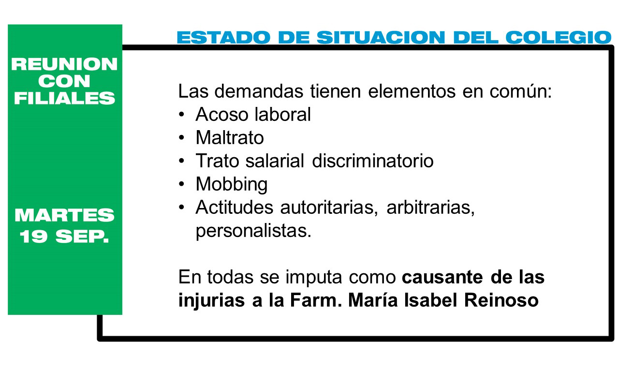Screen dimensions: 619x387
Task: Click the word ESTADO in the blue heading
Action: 223,37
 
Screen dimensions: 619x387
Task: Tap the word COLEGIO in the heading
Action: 559,37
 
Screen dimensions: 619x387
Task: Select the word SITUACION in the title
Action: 381,37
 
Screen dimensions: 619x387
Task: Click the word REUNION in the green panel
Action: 64,64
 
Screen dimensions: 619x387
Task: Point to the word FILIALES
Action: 64,98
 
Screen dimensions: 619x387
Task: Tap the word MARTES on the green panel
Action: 64,215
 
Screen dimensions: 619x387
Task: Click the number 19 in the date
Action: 33,237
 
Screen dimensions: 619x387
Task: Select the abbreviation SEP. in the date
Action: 82,237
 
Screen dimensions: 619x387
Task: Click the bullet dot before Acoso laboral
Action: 181,114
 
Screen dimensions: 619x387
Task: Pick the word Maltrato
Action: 230,137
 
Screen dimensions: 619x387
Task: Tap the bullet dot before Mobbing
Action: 181,184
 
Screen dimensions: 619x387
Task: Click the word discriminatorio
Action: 373,161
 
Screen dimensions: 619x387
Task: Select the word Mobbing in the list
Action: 232,185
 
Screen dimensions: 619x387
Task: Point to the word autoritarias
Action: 329,208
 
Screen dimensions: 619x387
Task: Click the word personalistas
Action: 253,231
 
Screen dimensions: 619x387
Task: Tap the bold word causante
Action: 442,277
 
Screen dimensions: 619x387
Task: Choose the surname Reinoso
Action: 501,300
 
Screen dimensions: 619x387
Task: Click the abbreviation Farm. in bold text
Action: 316,300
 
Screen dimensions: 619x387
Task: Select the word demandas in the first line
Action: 259,91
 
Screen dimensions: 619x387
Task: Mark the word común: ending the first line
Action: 521,91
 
